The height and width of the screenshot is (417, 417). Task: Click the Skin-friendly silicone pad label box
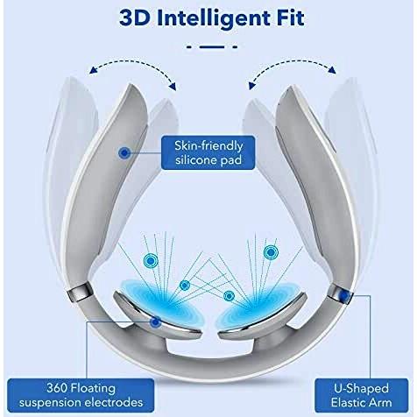[x=208, y=152]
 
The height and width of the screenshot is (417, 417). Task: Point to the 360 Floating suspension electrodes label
[x=81, y=395]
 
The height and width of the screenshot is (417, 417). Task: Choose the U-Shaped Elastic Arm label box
[x=362, y=395]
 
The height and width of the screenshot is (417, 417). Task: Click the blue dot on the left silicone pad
[x=124, y=152]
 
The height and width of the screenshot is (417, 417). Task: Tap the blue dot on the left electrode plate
[x=155, y=322]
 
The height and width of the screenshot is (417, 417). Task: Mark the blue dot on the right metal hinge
[x=344, y=296]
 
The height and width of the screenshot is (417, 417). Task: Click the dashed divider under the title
[x=212, y=46]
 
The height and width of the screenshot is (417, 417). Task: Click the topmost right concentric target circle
[x=271, y=251]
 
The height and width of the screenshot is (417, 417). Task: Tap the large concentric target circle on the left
[x=151, y=260]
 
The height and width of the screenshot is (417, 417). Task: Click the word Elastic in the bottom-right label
[x=348, y=402]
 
